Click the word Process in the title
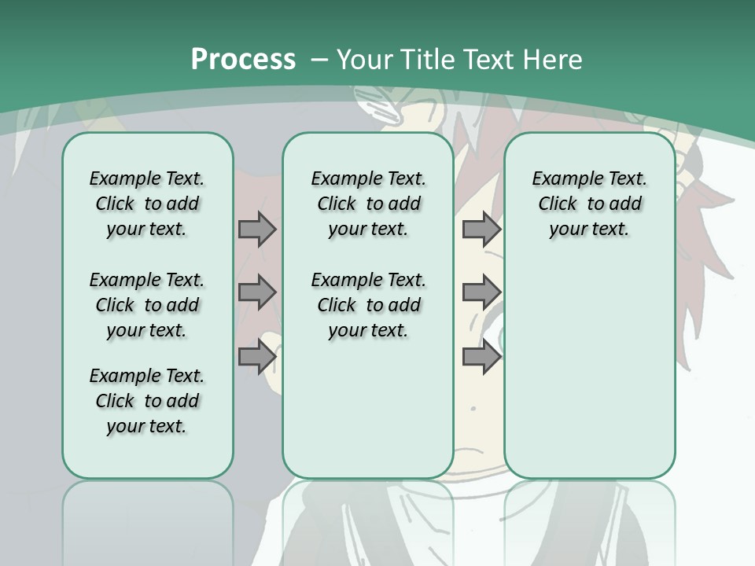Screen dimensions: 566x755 243,59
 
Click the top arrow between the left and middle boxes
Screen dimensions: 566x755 257,229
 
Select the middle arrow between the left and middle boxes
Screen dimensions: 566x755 257,292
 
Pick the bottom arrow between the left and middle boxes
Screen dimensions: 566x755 257,357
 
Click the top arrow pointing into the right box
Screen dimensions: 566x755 481,229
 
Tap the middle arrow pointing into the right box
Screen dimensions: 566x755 481,292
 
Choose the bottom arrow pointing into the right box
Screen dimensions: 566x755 481,357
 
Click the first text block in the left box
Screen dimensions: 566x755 147,204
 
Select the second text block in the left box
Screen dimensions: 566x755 147,305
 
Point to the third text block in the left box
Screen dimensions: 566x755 147,401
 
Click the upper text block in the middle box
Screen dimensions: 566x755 368,204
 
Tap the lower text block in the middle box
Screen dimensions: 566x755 368,305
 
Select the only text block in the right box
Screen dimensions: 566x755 589,204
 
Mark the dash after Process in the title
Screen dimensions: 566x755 319,60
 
